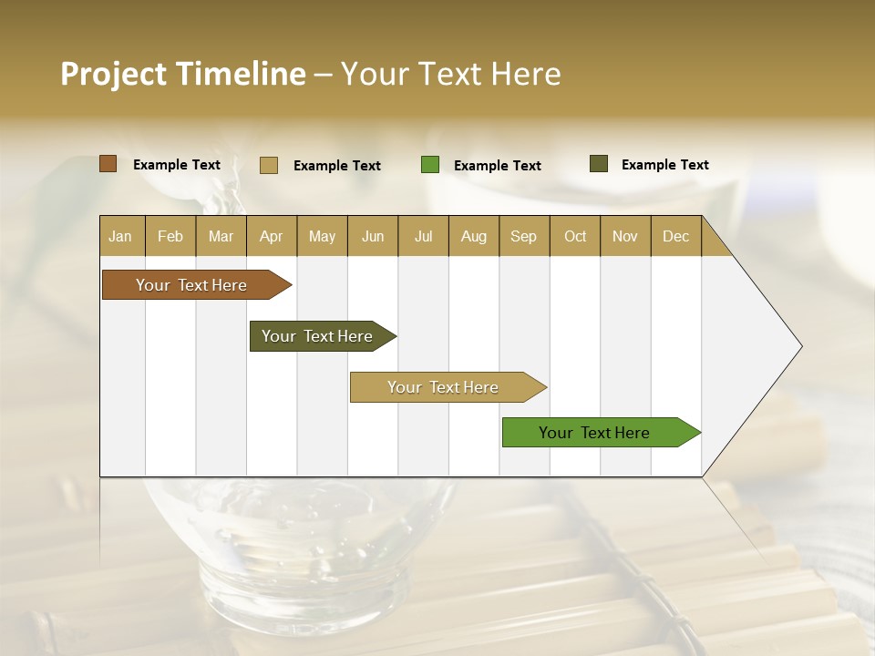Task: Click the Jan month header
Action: (x=120, y=236)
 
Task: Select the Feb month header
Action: (x=170, y=236)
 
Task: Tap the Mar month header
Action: (x=221, y=236)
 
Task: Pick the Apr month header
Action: (x=272, y=236)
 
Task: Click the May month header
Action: (x=322, y=236)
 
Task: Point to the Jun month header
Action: (x=373, y=236)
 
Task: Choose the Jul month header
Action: (x=423, y=236)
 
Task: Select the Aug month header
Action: (x=474, y=236)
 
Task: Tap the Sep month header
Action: (x=524, y=236)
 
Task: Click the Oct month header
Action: (x=575, y=236)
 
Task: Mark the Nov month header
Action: (x=625, y=236)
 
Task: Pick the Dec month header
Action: (x=675, y=236)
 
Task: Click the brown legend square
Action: (x=108, y=164)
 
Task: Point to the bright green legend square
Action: (x=430, y=165)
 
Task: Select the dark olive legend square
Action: (x=599, y=164)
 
